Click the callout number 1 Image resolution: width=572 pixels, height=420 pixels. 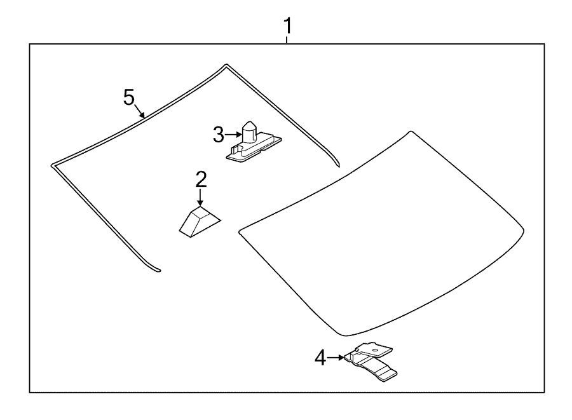click(x=287, y=26)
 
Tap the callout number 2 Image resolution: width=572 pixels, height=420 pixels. click(x=201, y=179)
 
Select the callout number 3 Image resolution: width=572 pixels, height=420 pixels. click(x=218, y=135)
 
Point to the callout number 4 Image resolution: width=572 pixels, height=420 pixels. click(x=320, y=358)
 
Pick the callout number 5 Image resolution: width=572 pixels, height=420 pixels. click(x=129, y=97)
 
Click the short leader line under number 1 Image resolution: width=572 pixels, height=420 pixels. click(x=287, y=39)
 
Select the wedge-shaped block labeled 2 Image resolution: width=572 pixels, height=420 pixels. click(x=199, y=222)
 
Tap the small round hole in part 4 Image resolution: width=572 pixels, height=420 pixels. click(x=375, y=349)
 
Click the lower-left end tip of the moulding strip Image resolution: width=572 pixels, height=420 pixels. click(x=157, y=269)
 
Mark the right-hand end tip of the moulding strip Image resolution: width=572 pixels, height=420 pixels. click(x=337, y=163)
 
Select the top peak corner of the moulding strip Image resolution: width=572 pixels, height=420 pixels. click(x=225, y=65)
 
